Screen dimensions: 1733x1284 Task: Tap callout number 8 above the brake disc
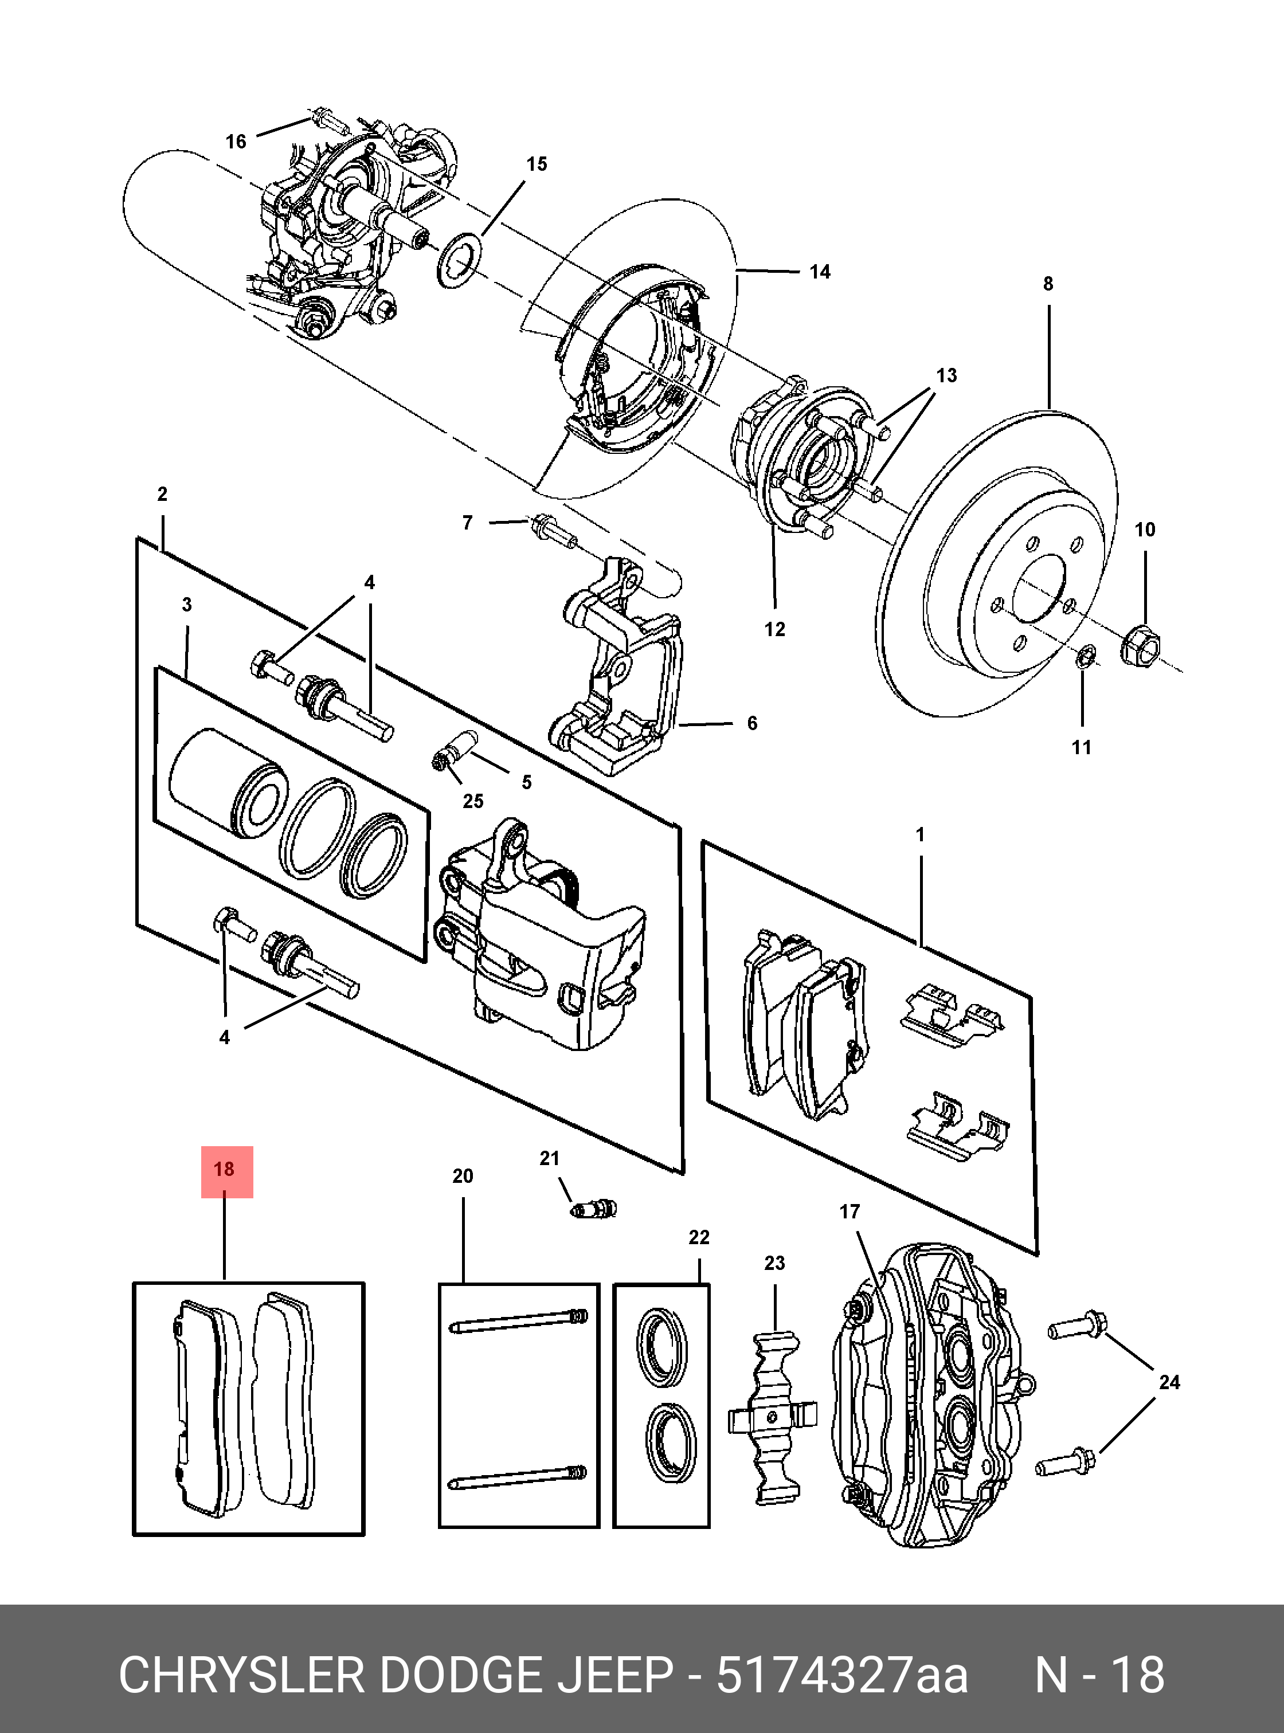(x=1048, y=284)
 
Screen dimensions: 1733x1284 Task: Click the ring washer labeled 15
(x=459, y=260)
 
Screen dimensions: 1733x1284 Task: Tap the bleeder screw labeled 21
(x=594, y=1209)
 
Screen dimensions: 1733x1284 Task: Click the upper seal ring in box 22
(x=661, y=1347)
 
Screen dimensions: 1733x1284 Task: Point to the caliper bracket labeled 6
(x=622, y=668)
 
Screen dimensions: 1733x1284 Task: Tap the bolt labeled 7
(x=553, y=532)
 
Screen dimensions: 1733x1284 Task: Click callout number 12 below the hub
(x=774, y=629)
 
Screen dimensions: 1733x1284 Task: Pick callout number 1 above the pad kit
(x=919, y=836)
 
